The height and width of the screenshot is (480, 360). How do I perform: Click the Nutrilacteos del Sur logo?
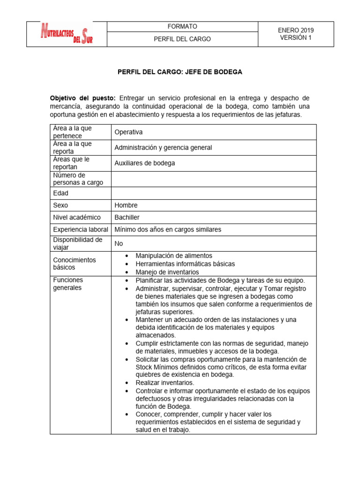pos(67,34)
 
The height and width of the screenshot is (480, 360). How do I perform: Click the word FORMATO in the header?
pos(182,27)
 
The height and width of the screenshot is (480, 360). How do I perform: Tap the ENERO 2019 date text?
pos(295,30)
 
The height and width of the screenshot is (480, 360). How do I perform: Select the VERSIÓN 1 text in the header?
pos(295,38)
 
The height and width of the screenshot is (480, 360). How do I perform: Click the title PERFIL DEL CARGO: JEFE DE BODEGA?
pos(180,72)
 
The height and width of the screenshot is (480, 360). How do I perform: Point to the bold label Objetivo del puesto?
pos(82,98)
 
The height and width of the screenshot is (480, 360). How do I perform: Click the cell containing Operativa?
pos(128,132)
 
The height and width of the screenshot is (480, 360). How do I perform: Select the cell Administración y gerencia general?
pos(163,148)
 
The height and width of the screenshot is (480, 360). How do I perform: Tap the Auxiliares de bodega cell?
pos(145,163)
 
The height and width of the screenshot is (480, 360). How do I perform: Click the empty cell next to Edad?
pos(213,193)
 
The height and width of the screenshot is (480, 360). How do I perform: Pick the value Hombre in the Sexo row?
pos(126,205)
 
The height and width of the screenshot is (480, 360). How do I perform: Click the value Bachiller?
pos(127,217)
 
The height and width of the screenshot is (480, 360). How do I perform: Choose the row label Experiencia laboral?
pos(80,230)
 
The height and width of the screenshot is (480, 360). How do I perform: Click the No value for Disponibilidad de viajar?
pos(119,244)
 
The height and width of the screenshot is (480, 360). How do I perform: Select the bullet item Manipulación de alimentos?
pos(174,256)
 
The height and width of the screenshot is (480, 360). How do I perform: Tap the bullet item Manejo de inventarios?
pos(167,272)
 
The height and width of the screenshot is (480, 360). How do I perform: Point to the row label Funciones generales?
pos(68,284)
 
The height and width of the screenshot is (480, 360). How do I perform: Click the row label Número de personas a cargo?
pos(78,179)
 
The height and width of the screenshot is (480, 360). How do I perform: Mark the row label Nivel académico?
pos(77,217)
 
